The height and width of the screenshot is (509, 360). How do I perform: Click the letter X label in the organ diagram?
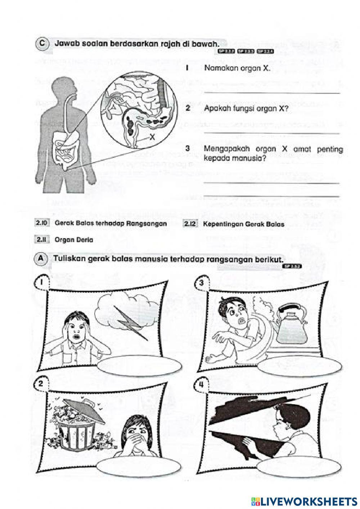pyautogui.click(x=152, y=137)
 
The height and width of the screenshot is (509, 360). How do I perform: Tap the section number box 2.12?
pyautogui.click(x=190, y=224)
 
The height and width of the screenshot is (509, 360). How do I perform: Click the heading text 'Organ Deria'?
pyautogui.click(x=74, y=240)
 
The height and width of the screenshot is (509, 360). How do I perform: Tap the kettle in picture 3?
pyautogui.click(x=292, y=324)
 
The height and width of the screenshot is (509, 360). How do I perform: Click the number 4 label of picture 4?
pyautogui.click(x=201, y=385)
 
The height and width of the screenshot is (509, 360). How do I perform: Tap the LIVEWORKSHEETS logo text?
pyautogui.click(x=308, y=501)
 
